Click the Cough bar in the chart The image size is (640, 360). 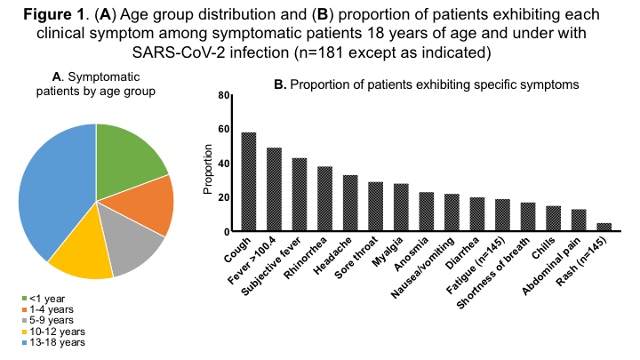[x=249, y=182]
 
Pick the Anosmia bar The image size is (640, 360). [x=427, y=212]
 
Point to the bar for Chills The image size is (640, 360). [x=554, y=219]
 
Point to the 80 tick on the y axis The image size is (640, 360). [x=224, y=95]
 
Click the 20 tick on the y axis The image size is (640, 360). [x=224, y=197]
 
